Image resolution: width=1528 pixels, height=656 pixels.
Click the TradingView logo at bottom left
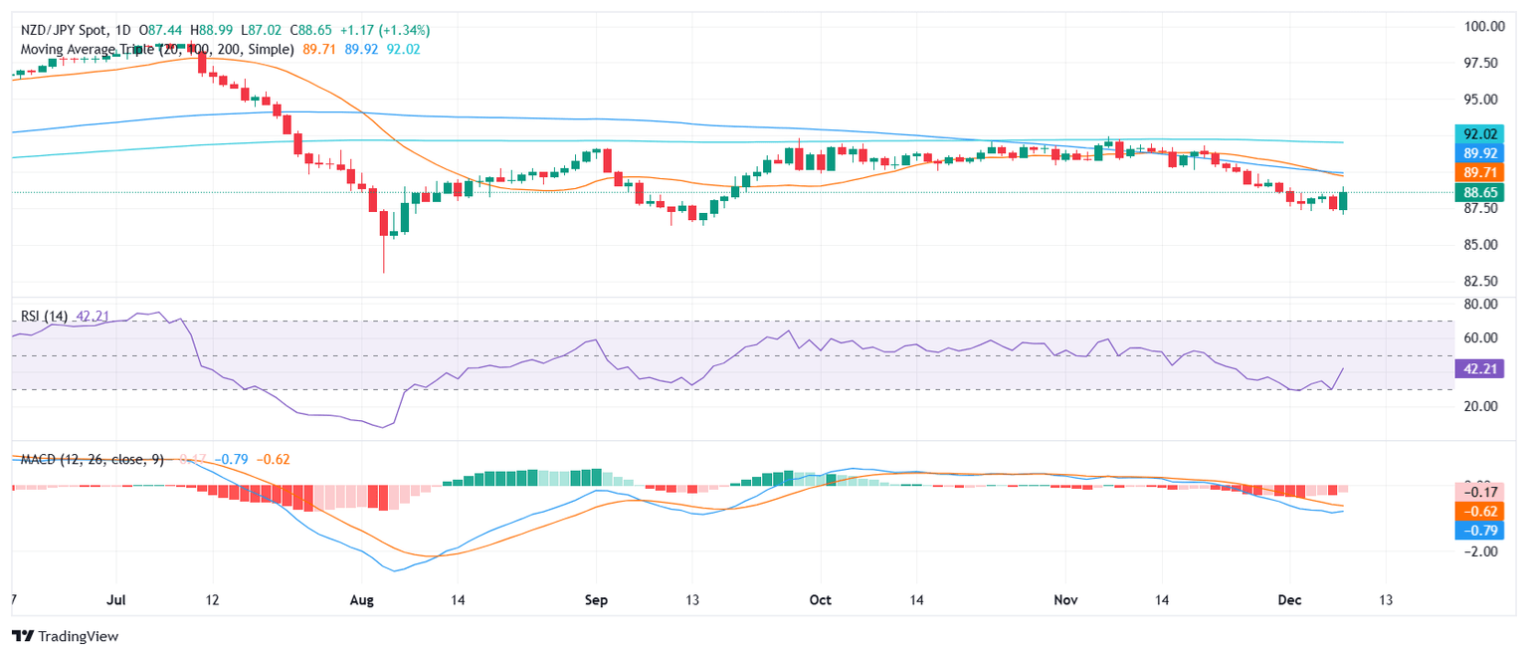65,636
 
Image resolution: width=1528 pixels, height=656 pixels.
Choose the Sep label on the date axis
596,601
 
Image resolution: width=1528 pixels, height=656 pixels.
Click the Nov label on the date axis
1065,601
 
